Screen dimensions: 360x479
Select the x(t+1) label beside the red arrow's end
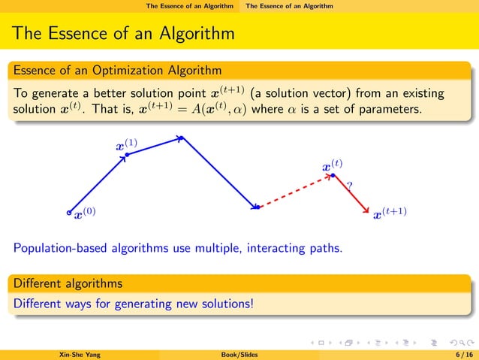click(390, 213)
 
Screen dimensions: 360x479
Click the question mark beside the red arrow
click(349, 185)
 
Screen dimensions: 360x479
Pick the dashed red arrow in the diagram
click(295, 192)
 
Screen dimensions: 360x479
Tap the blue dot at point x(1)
click(128, 155)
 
